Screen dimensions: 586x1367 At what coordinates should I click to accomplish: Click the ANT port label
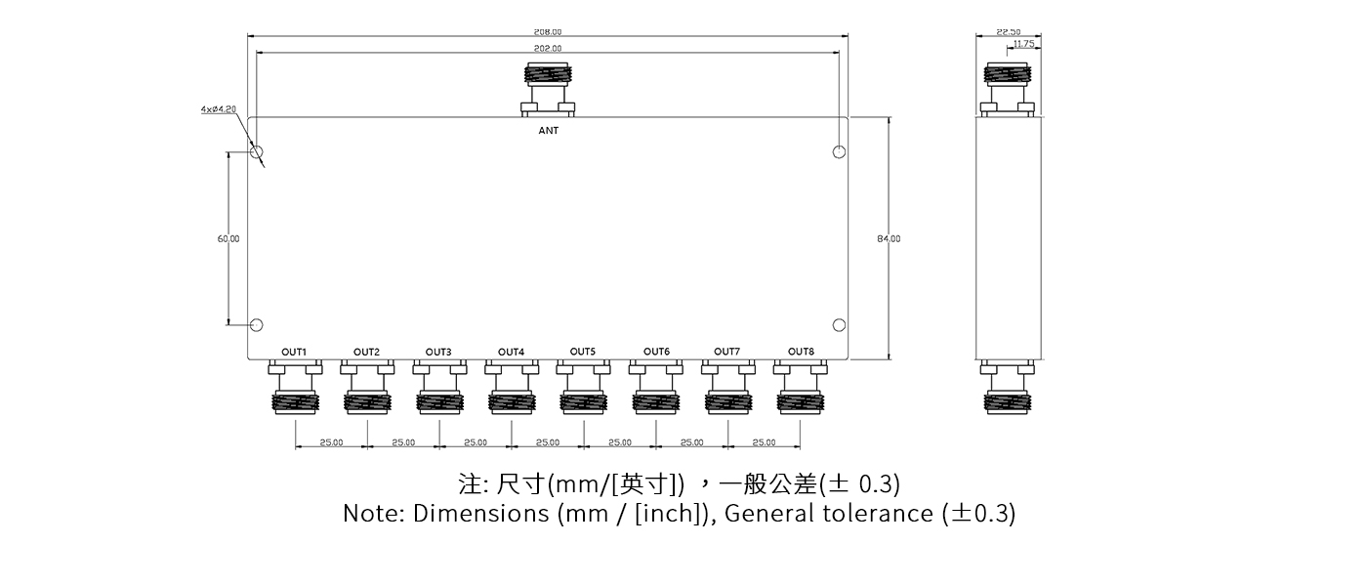[x=549, y=131]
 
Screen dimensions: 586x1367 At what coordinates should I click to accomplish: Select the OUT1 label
[x=294, y=352]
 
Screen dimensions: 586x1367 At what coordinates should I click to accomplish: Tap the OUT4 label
[x=511, y=352]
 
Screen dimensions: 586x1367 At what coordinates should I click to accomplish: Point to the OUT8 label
[x=801, y=352]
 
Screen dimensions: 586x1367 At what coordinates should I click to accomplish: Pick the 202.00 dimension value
[x=548, y=48]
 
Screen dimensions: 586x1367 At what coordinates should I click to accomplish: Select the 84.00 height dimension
[x=889, y=238]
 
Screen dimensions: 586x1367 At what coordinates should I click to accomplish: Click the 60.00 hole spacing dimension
[x=228, y=238]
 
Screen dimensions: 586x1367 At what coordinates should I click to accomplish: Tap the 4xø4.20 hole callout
[x=218, y=110]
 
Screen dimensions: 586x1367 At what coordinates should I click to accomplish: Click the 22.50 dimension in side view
[x=1009, y=32]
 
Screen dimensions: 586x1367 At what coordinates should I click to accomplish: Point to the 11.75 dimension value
[x=1023, y=44]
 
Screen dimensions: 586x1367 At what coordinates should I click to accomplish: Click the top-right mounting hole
[x=839, y=151]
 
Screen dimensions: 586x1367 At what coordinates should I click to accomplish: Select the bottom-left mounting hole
[x=258, y=325]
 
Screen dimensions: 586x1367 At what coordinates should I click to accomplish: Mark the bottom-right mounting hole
[x=839, y=325]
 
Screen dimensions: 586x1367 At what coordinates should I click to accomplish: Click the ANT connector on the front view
[x=549, y=88]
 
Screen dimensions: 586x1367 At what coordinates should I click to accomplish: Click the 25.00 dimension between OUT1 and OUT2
[x=331, y=442]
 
